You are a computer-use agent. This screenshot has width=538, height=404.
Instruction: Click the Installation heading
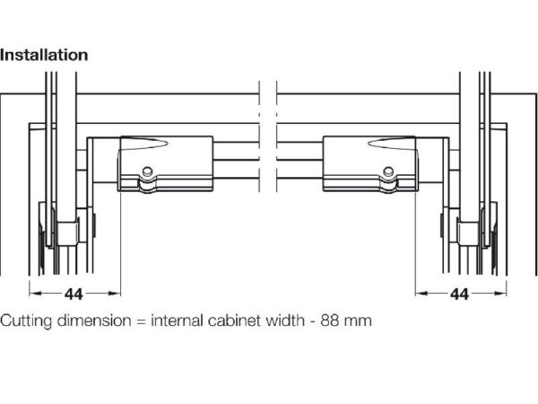click(x=44, y=55)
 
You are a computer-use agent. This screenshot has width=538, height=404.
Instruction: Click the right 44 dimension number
click(x=459, y=294)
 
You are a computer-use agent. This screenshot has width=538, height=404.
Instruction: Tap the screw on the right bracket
click(x=387, y=171)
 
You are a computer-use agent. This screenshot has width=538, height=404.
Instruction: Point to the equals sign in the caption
click(x=141, y=321)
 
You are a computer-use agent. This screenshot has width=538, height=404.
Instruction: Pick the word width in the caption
click(x=282, y=320)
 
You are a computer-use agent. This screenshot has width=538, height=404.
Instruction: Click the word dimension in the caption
click(x=92, y=320)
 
